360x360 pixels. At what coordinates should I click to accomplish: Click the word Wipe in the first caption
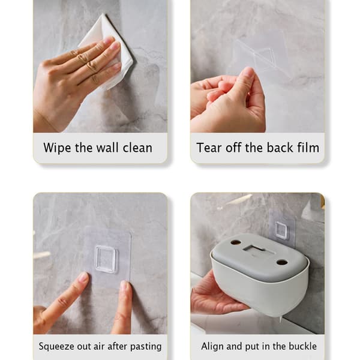pos(57,148)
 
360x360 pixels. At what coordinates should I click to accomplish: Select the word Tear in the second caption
pos(209,148)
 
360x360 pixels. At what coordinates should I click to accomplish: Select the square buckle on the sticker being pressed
pos(106,259)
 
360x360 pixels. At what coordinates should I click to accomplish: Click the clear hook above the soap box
pos(281,230)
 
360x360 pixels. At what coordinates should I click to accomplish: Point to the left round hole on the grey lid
pos(236,242)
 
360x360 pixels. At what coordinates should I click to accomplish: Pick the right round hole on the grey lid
pos(281,262)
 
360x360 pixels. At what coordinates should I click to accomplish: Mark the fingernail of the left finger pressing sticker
pos(84,277)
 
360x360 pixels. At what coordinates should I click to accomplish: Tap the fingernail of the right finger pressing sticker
pos(125,286)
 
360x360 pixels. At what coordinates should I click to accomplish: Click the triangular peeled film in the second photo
pos(264,56)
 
